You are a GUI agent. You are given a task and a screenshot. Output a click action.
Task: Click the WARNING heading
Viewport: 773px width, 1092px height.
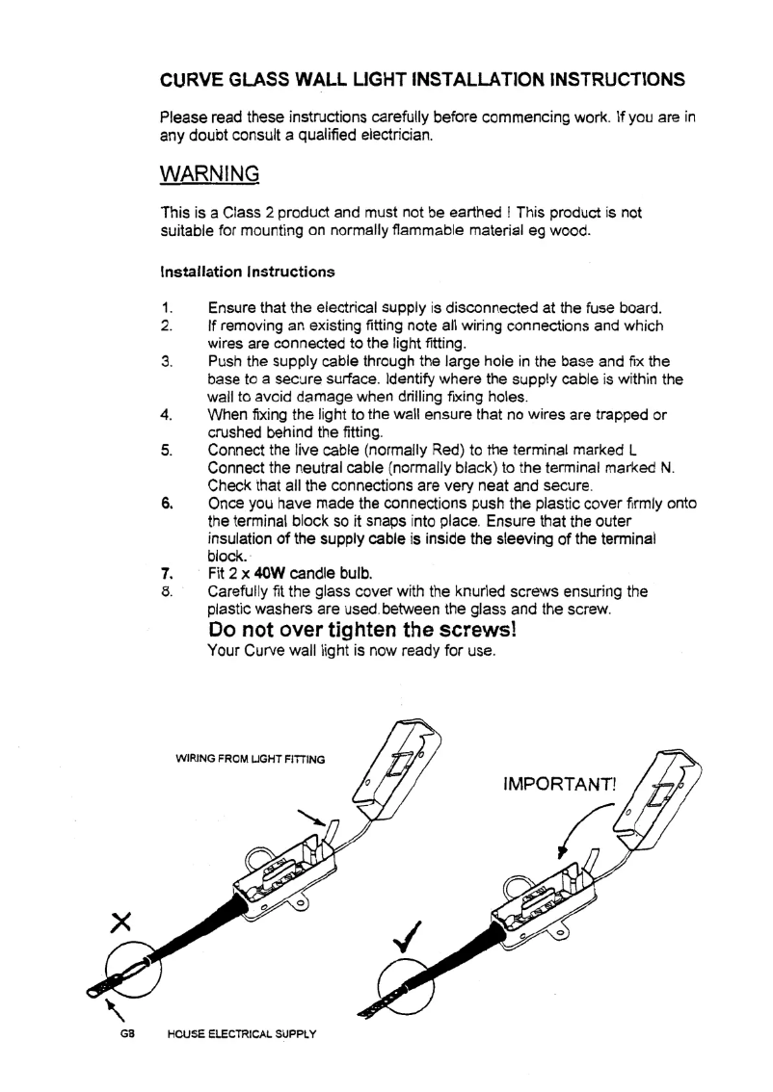[x=209, y=174]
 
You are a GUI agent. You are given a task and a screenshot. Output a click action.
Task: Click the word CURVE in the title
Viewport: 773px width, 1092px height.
[x=192, y=77]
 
